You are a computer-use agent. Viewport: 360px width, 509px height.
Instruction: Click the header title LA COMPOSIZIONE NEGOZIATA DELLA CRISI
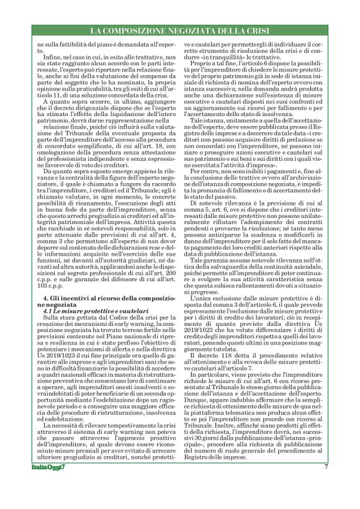[x=179, y=30]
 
